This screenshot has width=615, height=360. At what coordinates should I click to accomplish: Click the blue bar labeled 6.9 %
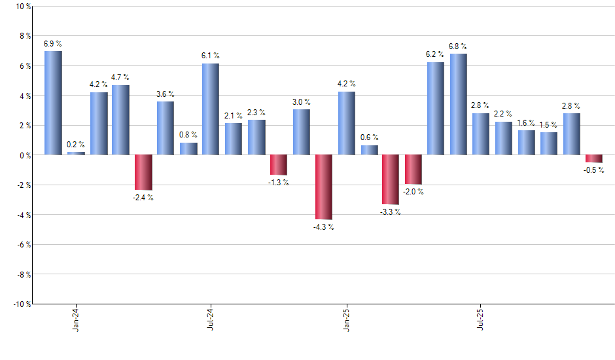tap(53, 103)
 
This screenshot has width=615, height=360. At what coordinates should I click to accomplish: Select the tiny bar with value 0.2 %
tap(76, 153)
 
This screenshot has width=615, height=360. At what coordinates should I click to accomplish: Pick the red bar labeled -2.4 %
tap(143, 172)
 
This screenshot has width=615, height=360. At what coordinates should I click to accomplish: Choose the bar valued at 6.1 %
tap(211, 109)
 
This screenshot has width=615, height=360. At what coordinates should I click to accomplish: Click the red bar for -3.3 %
tap(391, 179)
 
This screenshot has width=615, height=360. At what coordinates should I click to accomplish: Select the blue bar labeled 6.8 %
tap(458, 104)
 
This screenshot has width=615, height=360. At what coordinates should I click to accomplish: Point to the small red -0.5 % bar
tap(593, 158)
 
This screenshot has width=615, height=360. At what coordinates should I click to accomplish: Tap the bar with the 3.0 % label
tap(302, 132)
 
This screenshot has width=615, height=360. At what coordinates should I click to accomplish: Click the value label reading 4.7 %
tap(120, 77)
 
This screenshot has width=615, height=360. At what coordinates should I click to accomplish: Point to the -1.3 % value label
tap(279, 183)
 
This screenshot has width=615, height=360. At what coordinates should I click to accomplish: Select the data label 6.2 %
tap(435, 54)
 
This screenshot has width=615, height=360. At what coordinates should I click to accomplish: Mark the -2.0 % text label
tap(413, 192)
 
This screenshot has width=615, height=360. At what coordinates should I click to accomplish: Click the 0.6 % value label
tap(370, 137)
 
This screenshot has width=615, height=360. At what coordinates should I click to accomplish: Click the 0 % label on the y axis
tap(24, 155)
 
